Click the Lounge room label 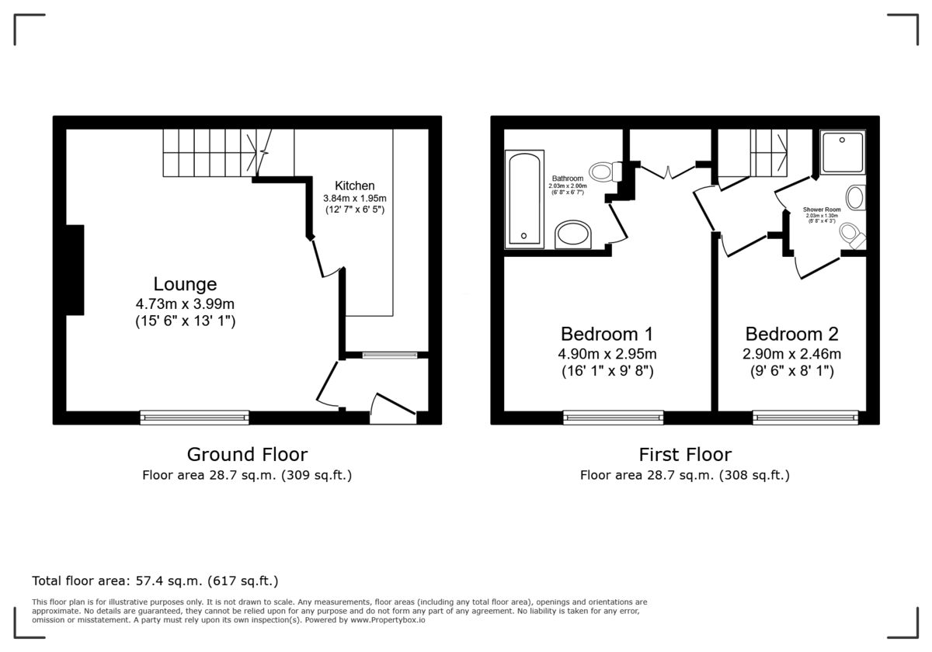click(185, 284)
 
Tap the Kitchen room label click(355, 186)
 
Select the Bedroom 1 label click(607, 335)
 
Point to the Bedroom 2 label click(792, 335)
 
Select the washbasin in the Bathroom click(574, 234)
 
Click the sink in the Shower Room click(855, 197)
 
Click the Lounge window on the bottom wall click(194, 418)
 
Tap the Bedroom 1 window click(614, 418)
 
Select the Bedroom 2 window click(805, 418)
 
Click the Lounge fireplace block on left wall click(75, 269)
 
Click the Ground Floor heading click(247, 454)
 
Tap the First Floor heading click(685, 454)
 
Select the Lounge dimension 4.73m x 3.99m click(185, 303)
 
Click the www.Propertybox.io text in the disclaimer click(388, 620)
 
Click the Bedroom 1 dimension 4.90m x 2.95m click(607, 354)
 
